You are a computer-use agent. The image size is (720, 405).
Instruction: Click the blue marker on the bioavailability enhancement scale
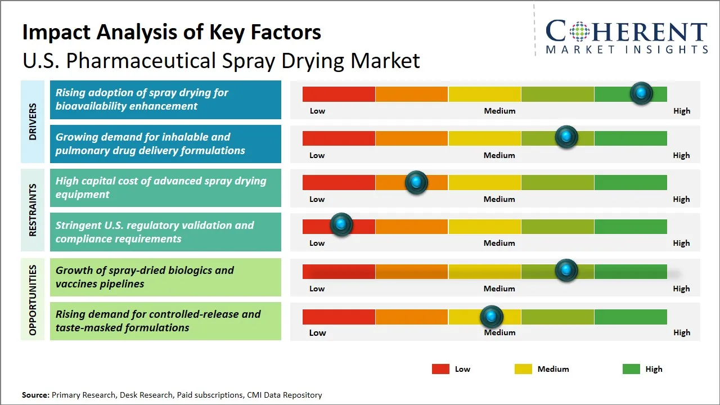coord(641,93)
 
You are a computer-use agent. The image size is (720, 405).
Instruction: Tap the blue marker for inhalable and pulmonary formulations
coord(566,137)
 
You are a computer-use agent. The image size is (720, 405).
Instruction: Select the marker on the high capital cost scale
coord(416,182)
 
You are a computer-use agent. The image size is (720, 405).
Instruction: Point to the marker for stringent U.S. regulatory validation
coord(341,225)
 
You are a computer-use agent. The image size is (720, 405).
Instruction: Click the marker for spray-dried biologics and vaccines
coord(566,271)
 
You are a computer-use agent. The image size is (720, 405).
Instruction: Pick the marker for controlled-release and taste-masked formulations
coord(492,317)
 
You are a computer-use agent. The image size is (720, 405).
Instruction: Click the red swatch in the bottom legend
coord(440,369)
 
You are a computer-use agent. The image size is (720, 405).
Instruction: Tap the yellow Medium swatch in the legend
coord(523,369)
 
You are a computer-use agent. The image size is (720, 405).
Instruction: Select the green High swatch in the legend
coord(631,369)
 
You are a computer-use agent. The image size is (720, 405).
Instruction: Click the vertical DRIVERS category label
coord(33,121)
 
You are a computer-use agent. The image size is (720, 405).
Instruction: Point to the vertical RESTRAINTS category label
coord(33,210)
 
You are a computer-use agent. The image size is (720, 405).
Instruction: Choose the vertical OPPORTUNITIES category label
coord(33,300)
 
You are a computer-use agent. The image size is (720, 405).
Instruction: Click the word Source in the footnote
coord(35,395)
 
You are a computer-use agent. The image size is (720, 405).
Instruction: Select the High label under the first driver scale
coord(682,111)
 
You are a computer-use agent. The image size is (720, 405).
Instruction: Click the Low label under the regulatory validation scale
coord(317,243)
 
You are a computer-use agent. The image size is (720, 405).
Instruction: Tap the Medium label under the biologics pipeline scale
coord(499,289)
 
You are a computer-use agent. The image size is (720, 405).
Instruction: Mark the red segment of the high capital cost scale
coord(339,182)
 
